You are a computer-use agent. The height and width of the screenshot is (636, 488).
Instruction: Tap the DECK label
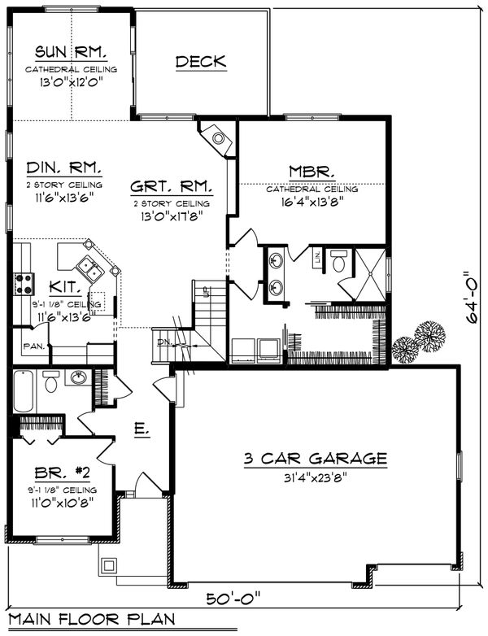tap(201, 62)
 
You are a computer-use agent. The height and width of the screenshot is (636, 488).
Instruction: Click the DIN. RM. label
tap(64, 168)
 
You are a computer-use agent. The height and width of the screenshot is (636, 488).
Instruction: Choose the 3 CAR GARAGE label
tap(315, 459)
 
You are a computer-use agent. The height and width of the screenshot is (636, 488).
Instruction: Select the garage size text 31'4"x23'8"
tap(315, 477)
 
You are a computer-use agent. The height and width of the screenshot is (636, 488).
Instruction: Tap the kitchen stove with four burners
tap(24, 283)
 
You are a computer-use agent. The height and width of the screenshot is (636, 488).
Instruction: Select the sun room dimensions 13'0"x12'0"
tap(71, 83)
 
